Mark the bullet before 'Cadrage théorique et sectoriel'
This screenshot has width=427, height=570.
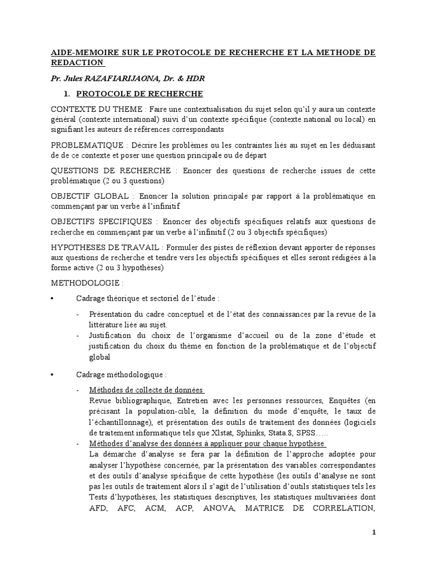coord(52,299)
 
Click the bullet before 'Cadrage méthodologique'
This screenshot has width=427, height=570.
coord(52,375)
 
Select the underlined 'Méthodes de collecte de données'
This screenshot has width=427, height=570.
coord(146,390)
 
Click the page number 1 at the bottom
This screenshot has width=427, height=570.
coord(374,533)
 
